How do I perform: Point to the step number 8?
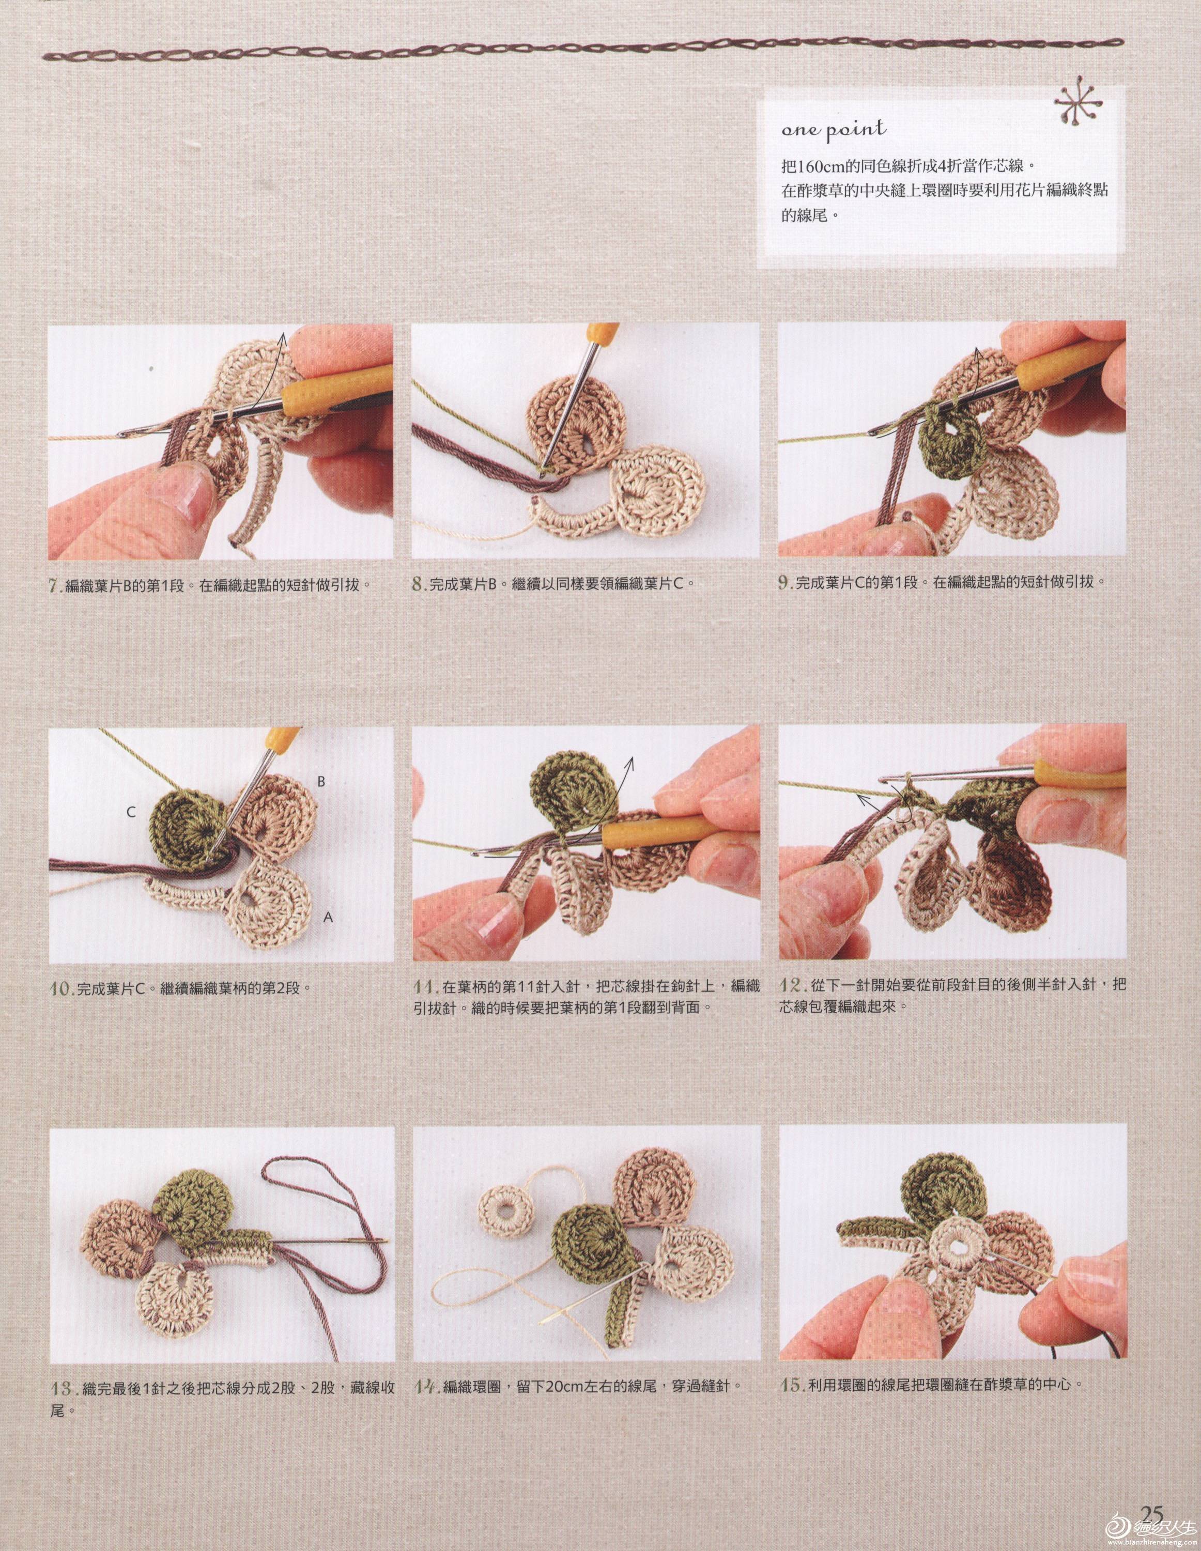click(x=419, y=586)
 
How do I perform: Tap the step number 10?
click(x=60, y=988)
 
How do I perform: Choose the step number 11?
click(x=424, y=987)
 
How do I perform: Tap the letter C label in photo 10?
click(x=131, y=812)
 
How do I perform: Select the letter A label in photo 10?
click(x=328, y=918)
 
